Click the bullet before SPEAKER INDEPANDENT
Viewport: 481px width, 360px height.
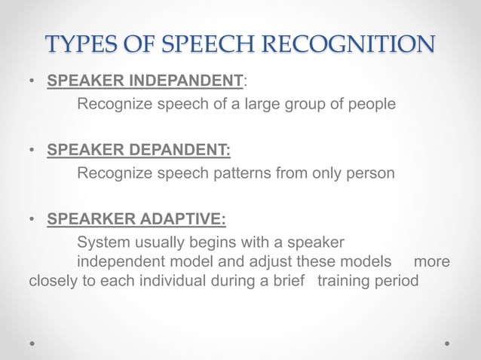33,81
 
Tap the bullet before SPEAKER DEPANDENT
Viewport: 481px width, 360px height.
33,151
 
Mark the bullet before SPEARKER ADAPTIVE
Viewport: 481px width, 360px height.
33,221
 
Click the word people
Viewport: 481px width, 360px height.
371,104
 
